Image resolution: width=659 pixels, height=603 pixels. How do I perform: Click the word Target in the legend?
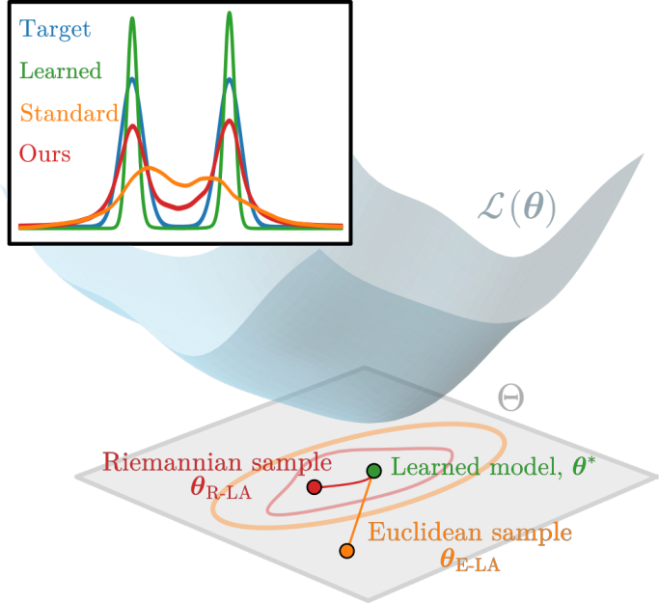click(55, 29)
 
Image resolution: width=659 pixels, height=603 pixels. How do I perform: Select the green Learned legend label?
click(60, 71)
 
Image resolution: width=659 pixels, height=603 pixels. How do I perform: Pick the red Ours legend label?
click(44, 153)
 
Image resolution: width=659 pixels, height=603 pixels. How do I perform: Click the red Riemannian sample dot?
click(314, 487)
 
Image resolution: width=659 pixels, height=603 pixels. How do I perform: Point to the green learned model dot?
click(373, 470)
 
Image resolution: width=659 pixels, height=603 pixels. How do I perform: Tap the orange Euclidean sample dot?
click(346, 551)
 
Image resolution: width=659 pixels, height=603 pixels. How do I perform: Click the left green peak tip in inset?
click(132, 16)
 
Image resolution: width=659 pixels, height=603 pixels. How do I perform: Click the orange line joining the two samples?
click(359, 512)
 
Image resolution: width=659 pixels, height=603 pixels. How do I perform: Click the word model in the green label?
click(508, 469)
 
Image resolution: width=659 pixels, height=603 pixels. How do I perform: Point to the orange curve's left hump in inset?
click(150, 170)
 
